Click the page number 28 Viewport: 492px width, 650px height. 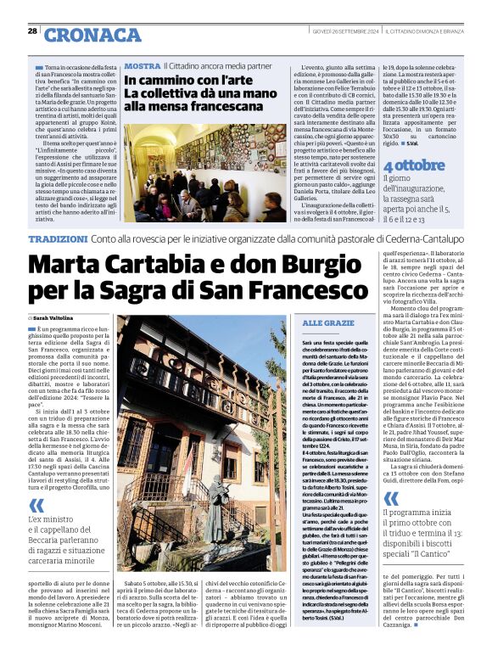point(32,31)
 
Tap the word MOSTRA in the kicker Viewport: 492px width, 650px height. point(142,65)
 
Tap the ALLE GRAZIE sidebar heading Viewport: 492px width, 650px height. point(328,323)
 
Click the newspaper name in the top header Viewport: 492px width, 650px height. point(435,31)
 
